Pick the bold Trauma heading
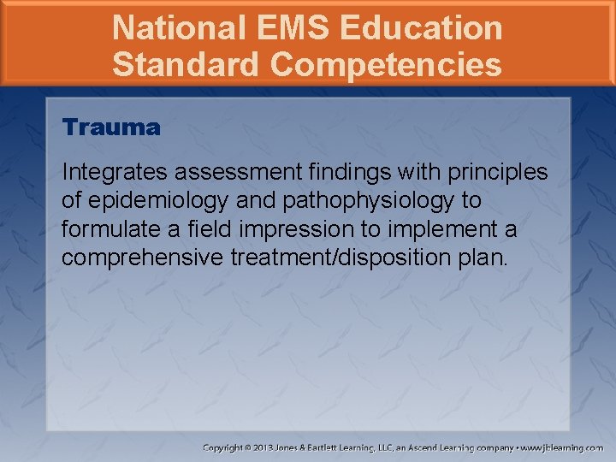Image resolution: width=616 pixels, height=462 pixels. (x=111, y=128)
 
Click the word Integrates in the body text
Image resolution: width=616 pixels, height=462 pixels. (x=103, y=172)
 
